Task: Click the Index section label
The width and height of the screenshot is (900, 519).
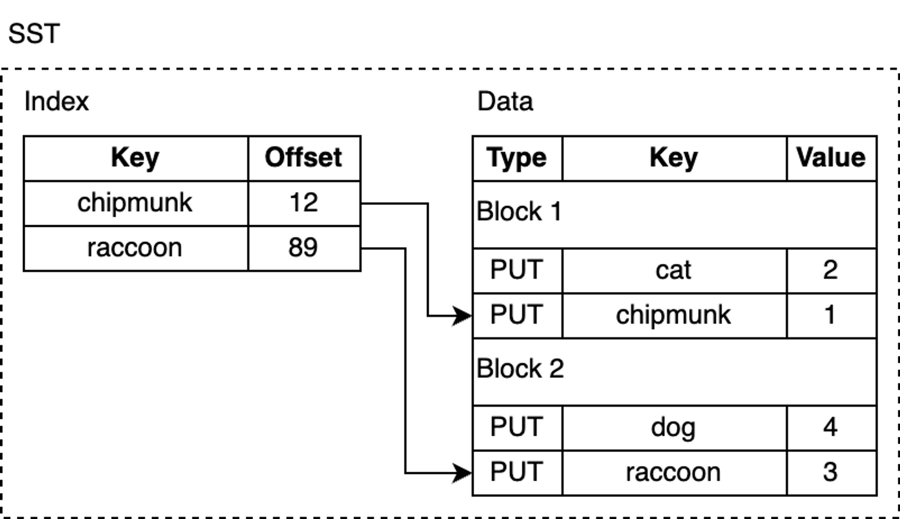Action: tap(56, 102)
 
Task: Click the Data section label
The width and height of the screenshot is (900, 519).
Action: tap(505, 102)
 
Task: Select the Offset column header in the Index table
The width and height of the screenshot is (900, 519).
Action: tap(303, 158)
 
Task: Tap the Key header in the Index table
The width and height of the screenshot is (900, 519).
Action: tap(135, 158)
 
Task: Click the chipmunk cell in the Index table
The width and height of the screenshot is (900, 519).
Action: tap(135, 203)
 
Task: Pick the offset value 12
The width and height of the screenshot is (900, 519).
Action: tap(303, 203)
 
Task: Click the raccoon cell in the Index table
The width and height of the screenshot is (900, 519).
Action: tap(135, 248)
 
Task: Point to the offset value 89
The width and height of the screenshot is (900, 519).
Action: tap(303, 248)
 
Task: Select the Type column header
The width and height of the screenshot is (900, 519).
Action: tap(516, 158)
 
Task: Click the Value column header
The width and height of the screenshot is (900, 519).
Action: tap(831, 158)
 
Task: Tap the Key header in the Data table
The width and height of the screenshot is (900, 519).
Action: tap(673, 158)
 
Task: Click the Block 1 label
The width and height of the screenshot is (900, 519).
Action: tap(519, 212)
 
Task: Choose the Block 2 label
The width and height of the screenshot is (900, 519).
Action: tap(520, 369)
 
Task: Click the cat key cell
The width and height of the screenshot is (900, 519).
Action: tap(673, 270)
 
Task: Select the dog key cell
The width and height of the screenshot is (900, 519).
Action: tap(673, 428)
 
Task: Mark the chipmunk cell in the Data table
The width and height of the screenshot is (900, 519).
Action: tap(673, 315)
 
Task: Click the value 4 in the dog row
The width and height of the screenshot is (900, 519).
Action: tap(830, 428)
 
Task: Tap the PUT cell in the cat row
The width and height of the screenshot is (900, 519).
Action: tap(516, 270)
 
